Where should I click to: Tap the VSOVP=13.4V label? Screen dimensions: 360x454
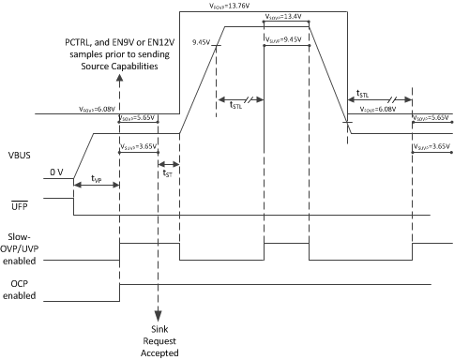285,16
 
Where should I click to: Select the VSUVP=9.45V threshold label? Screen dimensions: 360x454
285,40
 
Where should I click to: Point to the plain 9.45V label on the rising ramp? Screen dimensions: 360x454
202,42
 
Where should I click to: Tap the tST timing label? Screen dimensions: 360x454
167,172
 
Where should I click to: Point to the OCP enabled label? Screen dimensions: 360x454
20,290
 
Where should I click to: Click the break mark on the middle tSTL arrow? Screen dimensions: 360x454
247,99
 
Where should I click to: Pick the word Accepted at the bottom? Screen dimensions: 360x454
158,352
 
